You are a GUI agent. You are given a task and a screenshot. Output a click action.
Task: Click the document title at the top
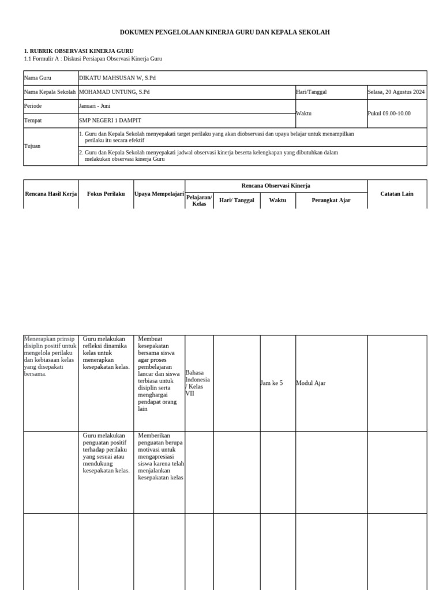225,33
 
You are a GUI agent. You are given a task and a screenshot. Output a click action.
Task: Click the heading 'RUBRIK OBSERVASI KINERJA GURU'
78,51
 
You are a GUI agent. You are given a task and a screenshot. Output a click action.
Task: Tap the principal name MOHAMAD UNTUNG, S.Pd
114,92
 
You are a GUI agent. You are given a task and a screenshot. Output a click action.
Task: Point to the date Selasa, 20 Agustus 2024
396,92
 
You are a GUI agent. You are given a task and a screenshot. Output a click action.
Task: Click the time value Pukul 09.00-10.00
389,114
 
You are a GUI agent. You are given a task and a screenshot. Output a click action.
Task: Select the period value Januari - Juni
95,106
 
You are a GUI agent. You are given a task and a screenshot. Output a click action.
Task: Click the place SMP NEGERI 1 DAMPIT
110,120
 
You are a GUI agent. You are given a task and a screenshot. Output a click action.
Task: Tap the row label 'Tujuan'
32,146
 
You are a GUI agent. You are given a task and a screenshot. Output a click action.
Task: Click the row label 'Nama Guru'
37,78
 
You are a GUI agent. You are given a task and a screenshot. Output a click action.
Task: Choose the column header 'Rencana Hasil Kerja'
51,194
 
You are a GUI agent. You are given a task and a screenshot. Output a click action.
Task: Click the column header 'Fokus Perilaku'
106,194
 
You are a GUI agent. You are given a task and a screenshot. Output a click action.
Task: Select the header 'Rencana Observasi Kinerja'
276,186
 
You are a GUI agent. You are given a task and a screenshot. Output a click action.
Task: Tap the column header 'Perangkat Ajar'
331,201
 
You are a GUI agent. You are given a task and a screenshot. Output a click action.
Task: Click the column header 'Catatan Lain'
397,194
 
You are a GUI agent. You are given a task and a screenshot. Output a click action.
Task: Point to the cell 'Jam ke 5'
272,383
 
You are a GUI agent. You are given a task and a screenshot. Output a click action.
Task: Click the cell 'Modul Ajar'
311,383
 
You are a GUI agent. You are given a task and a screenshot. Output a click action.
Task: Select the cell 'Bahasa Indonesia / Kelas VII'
198,383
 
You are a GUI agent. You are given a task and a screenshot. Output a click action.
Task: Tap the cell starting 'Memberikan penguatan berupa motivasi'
160,456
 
